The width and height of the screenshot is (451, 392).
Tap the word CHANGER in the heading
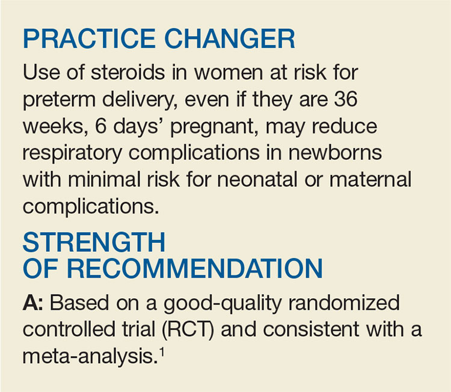tap(230, 39)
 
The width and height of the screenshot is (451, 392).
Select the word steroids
tap(128, 72)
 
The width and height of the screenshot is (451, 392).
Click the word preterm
tap(59, 100)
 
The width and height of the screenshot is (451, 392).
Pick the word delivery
tap(140, 100)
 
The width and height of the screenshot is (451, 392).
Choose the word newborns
tap(336, 153)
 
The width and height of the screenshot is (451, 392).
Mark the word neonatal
tap(257, 180)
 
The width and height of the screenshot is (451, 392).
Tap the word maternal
tap(370, 180)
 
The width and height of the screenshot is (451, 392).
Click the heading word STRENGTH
tap(94, 242)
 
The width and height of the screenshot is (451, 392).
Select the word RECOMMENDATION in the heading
tap(194, 268)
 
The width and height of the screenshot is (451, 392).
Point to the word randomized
tap(344, 302)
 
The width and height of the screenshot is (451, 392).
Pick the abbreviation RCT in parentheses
tap(188, 329)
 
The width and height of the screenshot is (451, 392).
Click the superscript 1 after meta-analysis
tap(162, 352)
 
